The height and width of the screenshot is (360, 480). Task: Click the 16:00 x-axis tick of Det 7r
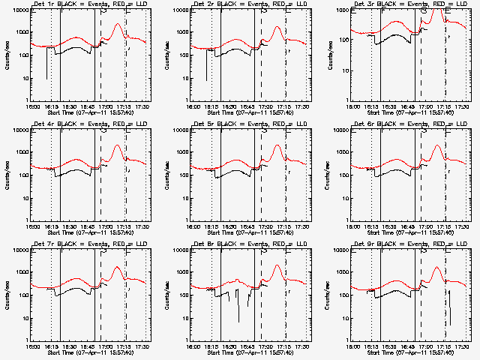[x=31, y=346]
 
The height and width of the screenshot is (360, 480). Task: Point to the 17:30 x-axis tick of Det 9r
[x=463, y=346]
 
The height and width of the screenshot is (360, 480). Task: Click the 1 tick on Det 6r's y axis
[x=347, y=220]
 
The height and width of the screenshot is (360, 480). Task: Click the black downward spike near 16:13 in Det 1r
[x=46, y=78]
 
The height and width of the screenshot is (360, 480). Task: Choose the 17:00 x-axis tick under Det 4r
[x=106, y=226]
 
